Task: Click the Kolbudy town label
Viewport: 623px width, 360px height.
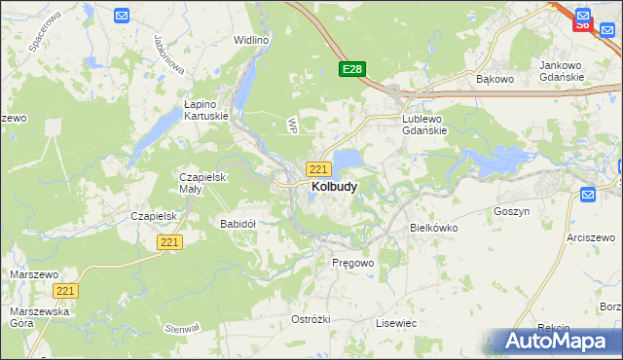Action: pyautogui.click(x=333, y=186)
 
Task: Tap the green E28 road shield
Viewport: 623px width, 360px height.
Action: pyautogui.click(x=352, y=69)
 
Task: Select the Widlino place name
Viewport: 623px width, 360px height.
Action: pyautogui.click(x=251, y=41)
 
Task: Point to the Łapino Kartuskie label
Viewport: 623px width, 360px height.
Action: pyautogui.click(x=206, y=109)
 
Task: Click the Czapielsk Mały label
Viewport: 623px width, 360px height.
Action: pyautogui.click(x=202, y=183)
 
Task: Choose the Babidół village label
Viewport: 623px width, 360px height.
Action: pyautogui.click(x=238, y=224)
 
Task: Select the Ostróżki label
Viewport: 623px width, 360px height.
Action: pyautogui.click(x=311, y=319)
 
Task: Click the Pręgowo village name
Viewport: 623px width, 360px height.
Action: pyautogui.click(x=352, y=264)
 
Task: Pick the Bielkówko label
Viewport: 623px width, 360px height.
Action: pyautogui.click(x=434, y=228)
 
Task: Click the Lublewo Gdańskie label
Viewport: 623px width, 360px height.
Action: pyautogui.click(x=424, y=125)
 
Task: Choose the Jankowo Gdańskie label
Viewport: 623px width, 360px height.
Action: pyautogui.click(x=562, y=71)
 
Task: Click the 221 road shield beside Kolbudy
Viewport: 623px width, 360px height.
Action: pyautogui.click(x=317, y=168)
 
